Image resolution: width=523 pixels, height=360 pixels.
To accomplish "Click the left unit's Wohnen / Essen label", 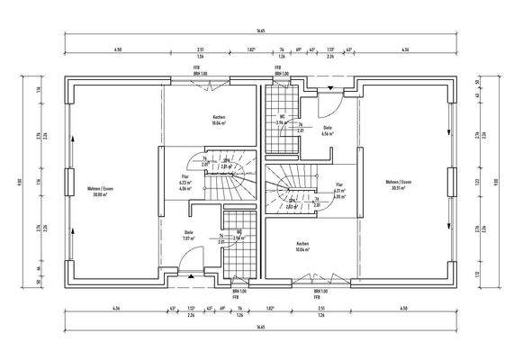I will coord(100,189).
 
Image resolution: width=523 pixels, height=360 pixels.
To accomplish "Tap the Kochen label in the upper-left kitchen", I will coord(219,118).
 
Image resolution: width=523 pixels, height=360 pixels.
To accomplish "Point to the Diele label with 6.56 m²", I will coord(328,129).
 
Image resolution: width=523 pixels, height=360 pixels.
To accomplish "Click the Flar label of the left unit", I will coord(185,177).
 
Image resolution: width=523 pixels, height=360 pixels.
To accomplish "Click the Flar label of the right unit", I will coord(338,184).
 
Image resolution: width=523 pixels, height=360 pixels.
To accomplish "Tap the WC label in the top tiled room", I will coord(282,117).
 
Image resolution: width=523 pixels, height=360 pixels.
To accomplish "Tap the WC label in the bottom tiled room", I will coord(239,231).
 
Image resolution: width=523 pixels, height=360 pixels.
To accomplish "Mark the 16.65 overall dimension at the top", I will coord(261,30).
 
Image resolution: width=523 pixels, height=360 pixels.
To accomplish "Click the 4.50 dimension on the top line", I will coord(117,49).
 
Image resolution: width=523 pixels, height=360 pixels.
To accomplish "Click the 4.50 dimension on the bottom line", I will coord(404,310).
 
